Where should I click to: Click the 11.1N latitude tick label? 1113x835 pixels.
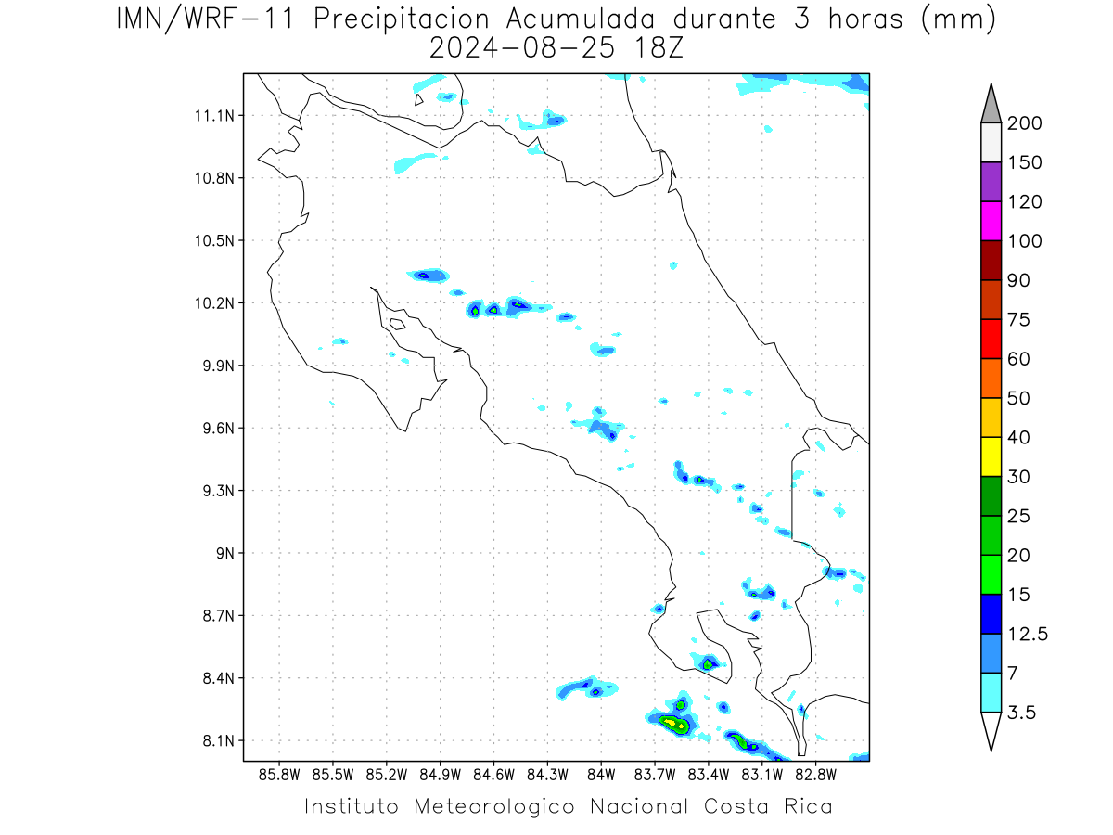pyautogui.click(x=214, y=116)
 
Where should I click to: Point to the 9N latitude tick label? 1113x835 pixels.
pyautogui.click(x=225, y=553)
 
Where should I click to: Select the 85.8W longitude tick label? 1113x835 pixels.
pyautogui.click(x=279, y=775)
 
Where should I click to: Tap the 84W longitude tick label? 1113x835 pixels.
pyautogui.click(x=601, y=775)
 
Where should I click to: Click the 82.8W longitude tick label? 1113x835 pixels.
pyautogui.click(x=815, y=775)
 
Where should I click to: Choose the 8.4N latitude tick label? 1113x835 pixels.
pyautogui.click(x=219, y=678)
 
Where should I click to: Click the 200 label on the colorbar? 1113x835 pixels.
pyautogui.click(x=1024, y=123)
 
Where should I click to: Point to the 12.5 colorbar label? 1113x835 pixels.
pyautogui.click(x=1028, y=634)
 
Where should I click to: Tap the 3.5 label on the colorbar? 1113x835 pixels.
pyautogui.click(x=1021, y=713)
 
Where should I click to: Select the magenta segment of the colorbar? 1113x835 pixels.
pyautogui.click(x=991, y=221)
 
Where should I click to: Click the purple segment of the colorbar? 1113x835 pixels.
pyautogui.click(x=991, y=182)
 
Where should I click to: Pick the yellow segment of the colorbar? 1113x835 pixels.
pyautogui.click(x=991, y=456)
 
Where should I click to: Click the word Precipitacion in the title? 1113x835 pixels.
pyautogui.click(x=402, y=19)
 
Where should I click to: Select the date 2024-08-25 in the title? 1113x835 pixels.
pyautogui.click(x=522, y=48)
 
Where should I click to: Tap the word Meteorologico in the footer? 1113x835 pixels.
pyautogui.click(x=493, y=806)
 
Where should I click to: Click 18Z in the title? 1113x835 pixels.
pyautogui.click(x=658, y=48)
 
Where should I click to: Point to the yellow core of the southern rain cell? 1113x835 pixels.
pyautogui.click(x=671, y=722)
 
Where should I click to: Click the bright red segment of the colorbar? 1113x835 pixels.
pyautogui.click(x=991, y=339)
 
